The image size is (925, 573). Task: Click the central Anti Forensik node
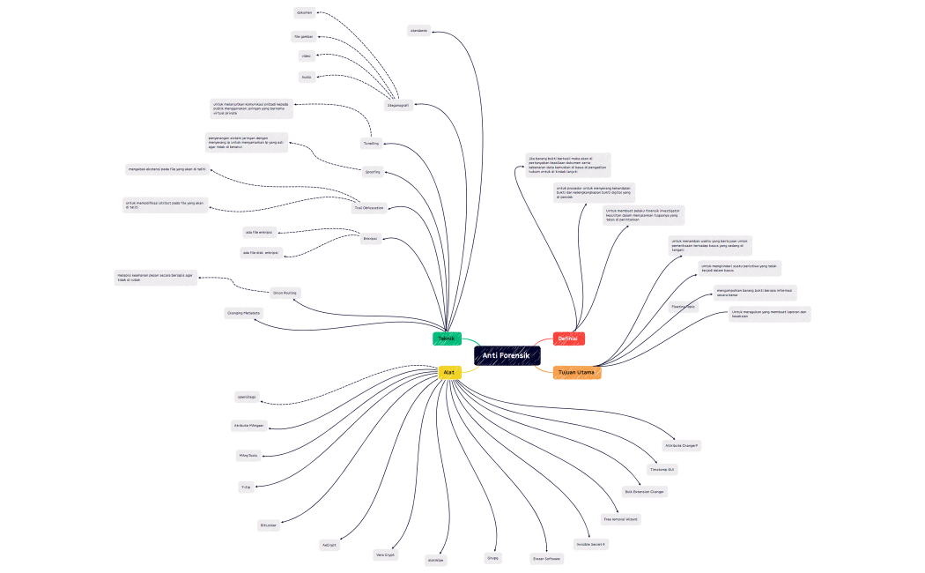click(x=507, y=355)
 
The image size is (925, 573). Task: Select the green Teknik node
click(x=447, y=339)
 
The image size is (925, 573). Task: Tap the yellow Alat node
click(x=449, y=373)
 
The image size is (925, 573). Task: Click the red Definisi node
click(x=568, y=339)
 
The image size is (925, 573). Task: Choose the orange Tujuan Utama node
click(x=576, y=373)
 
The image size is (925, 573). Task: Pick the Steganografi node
click(x=398, y=105)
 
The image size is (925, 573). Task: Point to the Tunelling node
click(x=371, y=143)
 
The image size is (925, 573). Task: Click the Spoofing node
click(x=373, y=171)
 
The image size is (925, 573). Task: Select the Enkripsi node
click(x=371, y=238)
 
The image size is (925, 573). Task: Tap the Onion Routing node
click(x=285, y=292)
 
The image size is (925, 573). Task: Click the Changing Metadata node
click(x=244, y=313)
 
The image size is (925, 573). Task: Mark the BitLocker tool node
click(x=269, y=525)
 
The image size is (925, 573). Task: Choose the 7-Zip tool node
click(x=246, y=487)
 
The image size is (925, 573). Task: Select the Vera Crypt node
click(x=386, y=555)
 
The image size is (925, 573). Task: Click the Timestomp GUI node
click(x=662, y=470)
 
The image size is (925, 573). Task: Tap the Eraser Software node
click(x=546, y=559)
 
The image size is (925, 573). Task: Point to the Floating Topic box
click(x=684, y=307)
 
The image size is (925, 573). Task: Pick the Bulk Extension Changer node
click(x=644, y=491)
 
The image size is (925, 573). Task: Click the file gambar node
click(x=304, y=36)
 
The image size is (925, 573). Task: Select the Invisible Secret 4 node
click(x=591, y=544)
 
